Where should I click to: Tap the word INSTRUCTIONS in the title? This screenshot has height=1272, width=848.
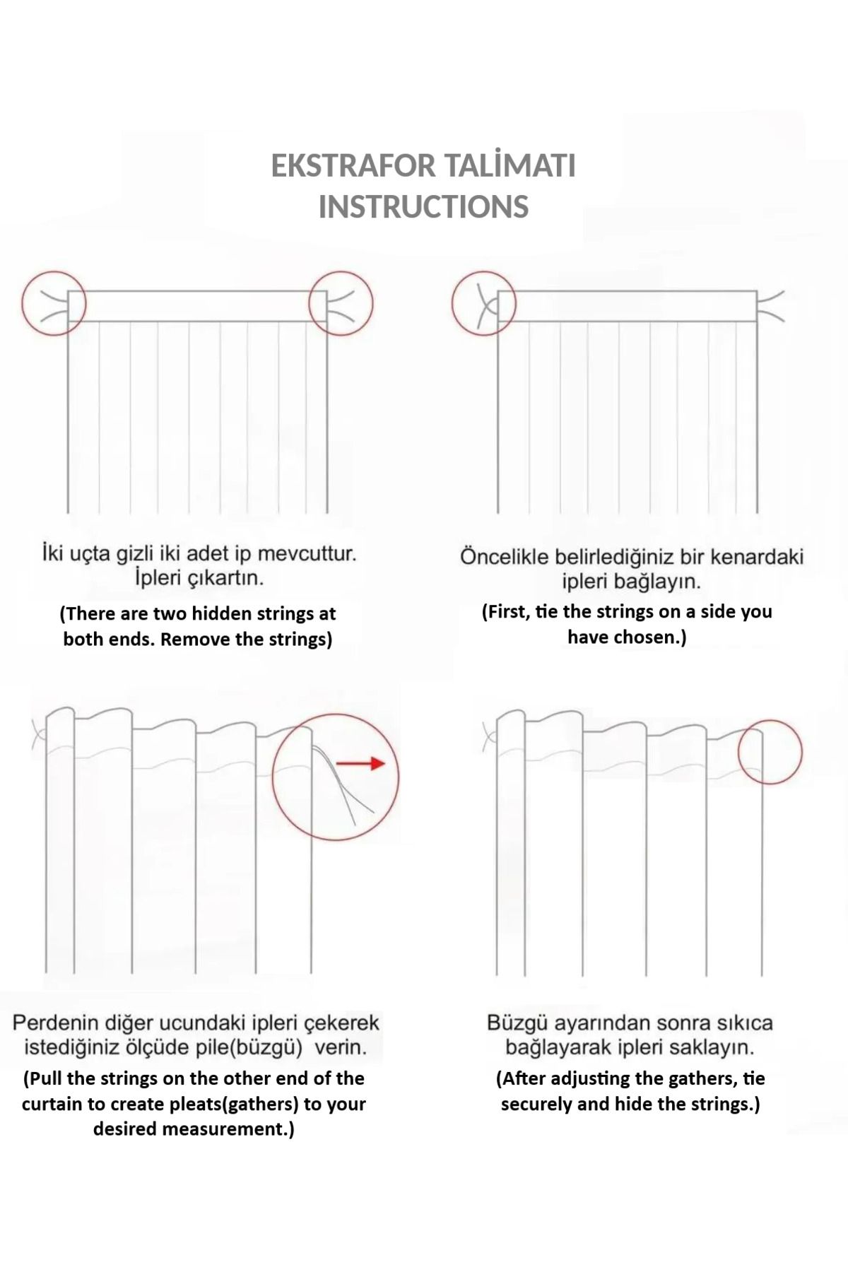point(423,207)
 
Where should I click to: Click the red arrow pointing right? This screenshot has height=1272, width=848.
point(360,763)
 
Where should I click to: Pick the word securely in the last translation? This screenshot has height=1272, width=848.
point(536,1104)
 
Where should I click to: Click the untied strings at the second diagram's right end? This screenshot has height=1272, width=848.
point(770,306)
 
